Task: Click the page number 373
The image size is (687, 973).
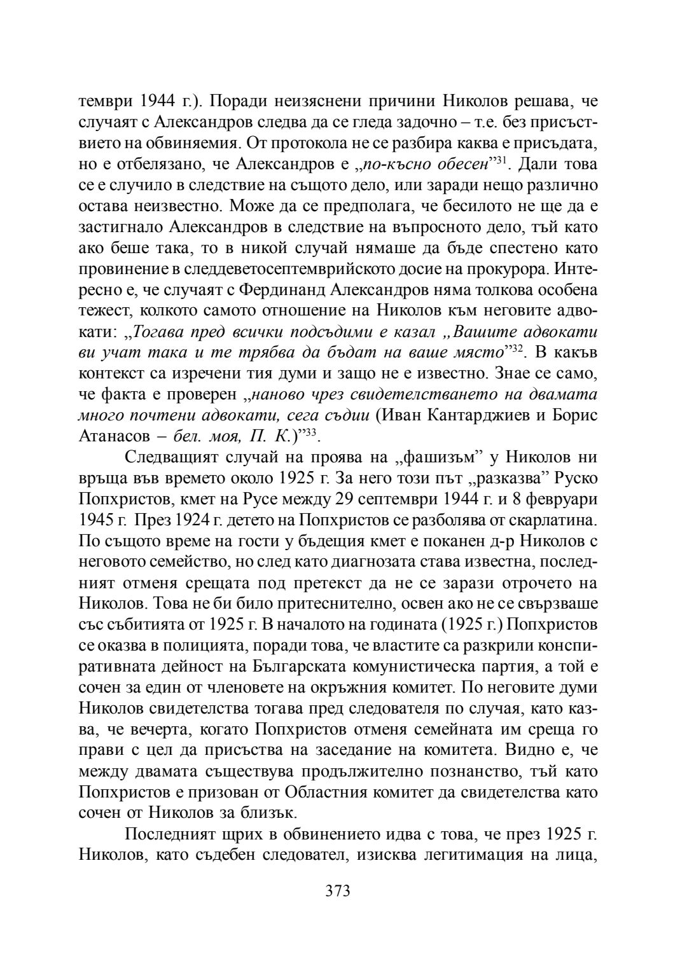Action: pyautogui.click(x=338, y=891)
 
